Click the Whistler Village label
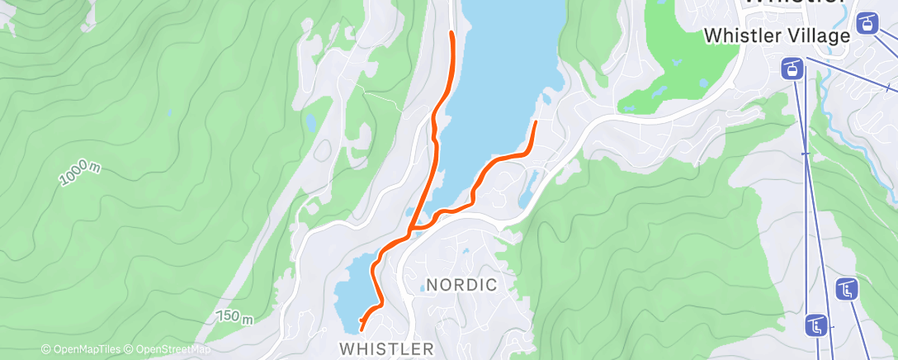[x=777, y=36]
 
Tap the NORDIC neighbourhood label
[x=461, y=286]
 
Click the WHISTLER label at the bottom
[x=386, y=348]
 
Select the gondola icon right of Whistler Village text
[x=867, y=23]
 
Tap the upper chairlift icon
[x=847, y=289]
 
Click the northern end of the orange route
[x=451, y=33]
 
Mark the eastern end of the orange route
[x=536, y=123]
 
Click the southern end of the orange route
[x=362, y=329]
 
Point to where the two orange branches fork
[x=410, y=231]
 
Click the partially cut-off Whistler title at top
[x=792, y=3]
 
